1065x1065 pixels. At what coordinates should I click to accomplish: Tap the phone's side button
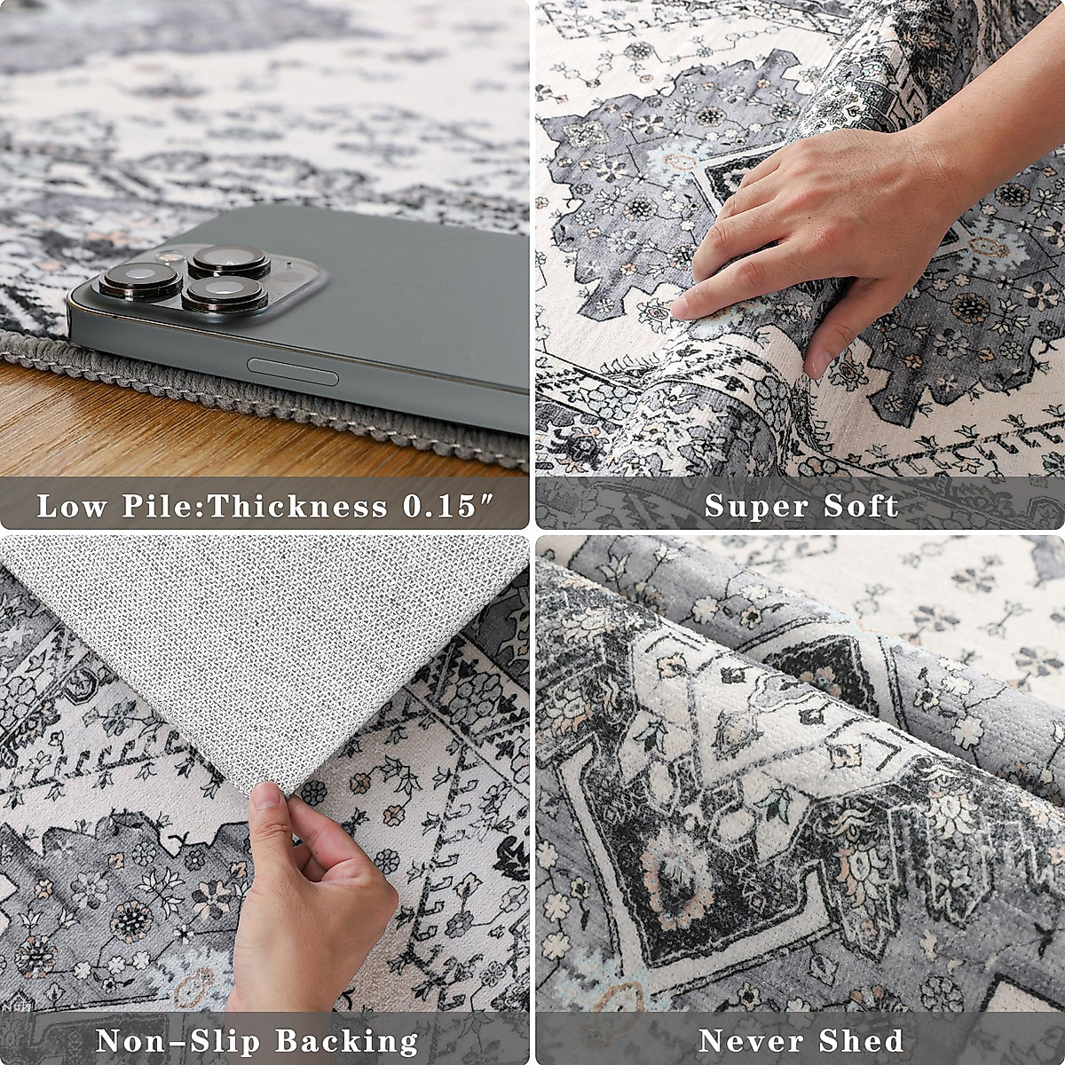(293, 372)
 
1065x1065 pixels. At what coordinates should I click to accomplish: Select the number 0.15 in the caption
(448, 507)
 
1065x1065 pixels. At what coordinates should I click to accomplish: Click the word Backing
(345, 1040)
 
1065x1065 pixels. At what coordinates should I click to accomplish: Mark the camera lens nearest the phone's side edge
(224, 294)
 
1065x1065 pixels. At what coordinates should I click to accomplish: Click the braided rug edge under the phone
(266, 399)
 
